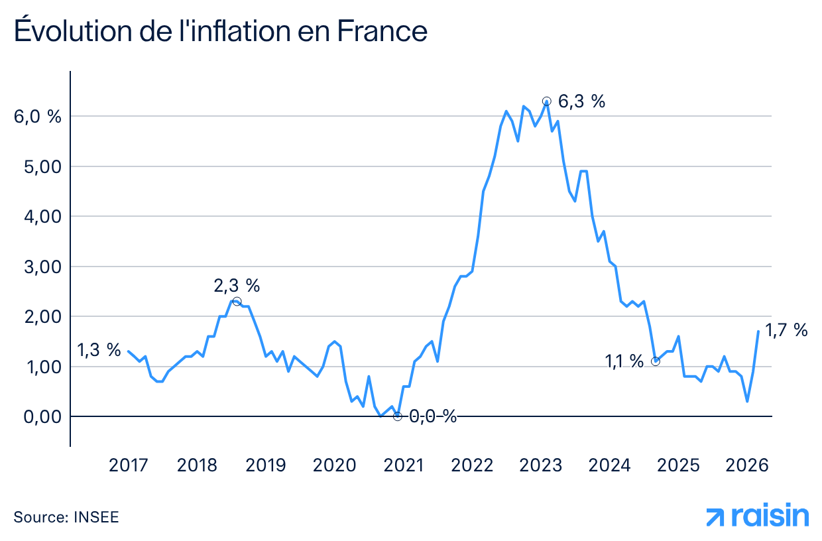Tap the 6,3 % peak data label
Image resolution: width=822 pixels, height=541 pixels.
(581, 101)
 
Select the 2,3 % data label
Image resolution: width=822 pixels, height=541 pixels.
(237, 286)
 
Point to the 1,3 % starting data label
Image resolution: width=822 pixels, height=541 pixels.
(99, 349)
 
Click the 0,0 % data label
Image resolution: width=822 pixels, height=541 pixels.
(432, 416)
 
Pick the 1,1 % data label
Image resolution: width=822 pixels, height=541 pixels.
(624, 361)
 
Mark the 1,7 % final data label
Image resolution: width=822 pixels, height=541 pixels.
(786, 330)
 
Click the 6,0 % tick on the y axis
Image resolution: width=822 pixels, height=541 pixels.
(37, 117)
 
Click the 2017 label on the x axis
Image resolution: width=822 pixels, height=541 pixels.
(129, 465)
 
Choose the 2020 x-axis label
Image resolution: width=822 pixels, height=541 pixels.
(334, 465)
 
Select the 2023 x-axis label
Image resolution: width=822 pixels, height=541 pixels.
(540, 465)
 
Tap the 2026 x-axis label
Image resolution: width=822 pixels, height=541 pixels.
(747, 465)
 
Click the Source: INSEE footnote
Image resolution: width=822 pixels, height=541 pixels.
(66, 517)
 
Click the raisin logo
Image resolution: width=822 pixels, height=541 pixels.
(757, 516)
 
